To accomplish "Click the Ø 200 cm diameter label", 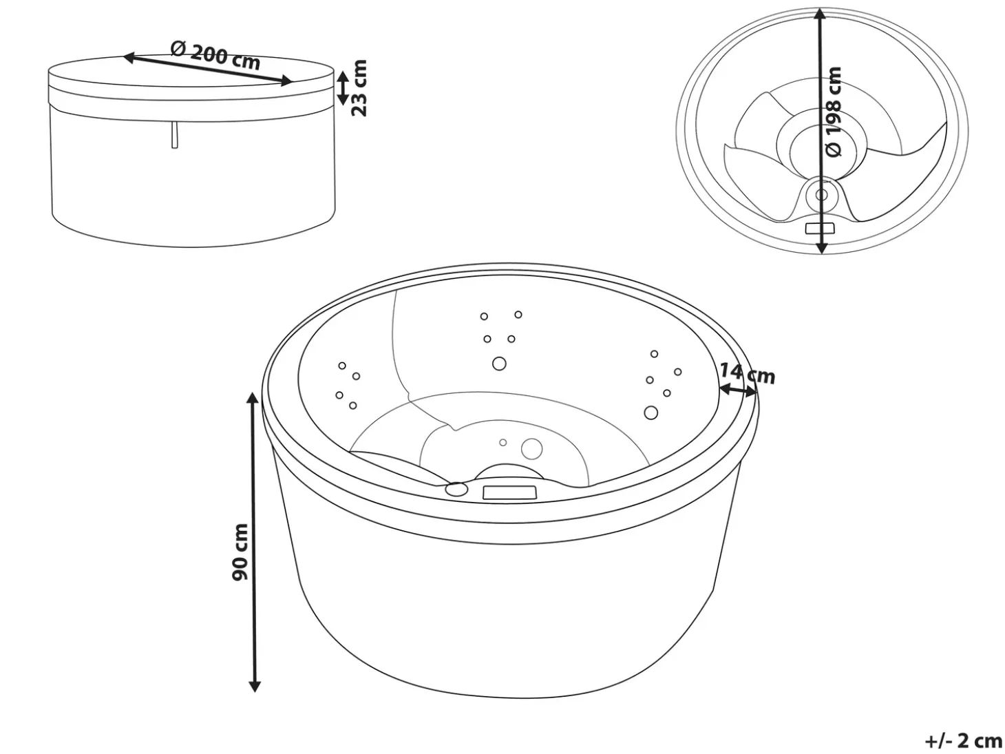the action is [215, 55].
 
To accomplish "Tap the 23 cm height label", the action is [359, 88].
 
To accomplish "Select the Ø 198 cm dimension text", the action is [834, 112].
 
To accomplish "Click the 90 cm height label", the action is [240, 552].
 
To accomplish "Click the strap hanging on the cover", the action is [174, 135].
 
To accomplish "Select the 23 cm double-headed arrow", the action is [343, 88].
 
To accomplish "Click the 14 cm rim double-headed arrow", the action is [738, 390].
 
